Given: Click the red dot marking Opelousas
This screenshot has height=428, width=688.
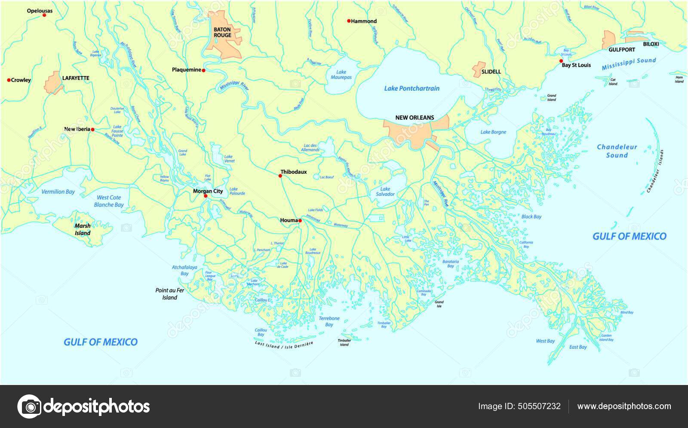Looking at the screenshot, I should pos(44,15).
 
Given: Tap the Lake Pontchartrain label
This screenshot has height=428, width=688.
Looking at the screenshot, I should pos(412,88).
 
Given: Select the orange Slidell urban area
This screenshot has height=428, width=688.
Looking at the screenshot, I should pos(477,69).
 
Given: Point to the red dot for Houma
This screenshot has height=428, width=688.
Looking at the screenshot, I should pos(300,221).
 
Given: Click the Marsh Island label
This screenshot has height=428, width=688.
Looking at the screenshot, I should pos(83,229).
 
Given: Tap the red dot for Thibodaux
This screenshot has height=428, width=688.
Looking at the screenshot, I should pos(280,176).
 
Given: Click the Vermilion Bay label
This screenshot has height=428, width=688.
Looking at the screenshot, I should pos(58,192).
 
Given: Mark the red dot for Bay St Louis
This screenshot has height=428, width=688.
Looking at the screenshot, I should pos(561,61).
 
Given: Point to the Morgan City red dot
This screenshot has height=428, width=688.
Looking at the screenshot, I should pos(206,196).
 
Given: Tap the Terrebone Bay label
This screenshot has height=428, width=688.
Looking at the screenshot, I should pos(329,321).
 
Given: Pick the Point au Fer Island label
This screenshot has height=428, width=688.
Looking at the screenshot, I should pos(169,294).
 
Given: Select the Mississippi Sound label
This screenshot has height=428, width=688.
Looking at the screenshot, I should pos(628,64).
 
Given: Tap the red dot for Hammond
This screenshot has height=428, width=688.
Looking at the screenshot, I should pos(348,21).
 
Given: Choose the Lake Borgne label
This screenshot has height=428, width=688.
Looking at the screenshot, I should pos(493,132).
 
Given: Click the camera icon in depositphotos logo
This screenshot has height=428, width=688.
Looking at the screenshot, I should pos(30,406).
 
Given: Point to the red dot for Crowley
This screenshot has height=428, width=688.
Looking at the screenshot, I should pos(9,80).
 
